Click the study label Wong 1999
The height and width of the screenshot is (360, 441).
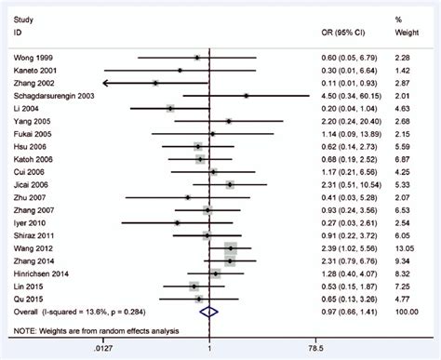[x=33, y=58]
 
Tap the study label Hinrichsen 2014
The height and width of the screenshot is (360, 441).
[x=43, y=273]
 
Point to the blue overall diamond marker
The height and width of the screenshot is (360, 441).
[x=210, y=313]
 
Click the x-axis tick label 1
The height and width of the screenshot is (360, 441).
[x=210, y=349]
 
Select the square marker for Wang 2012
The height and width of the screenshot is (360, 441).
[x=231, y=248]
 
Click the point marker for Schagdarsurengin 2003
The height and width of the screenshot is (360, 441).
[x=247, y=96]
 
